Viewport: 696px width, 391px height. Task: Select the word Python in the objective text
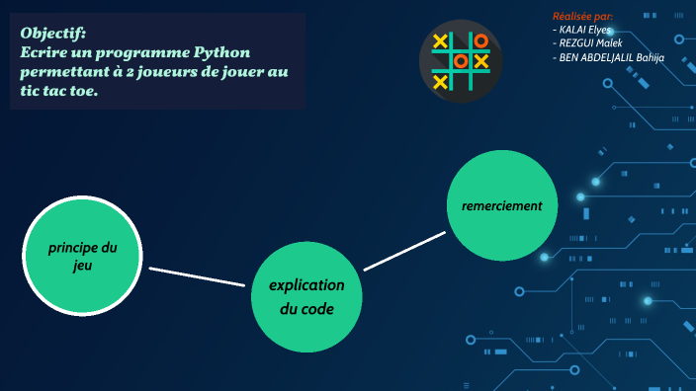(x=222, y=51)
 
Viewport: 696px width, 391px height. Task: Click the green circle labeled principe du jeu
(x=82, y=256)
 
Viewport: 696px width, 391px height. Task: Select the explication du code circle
(x=306, y=296)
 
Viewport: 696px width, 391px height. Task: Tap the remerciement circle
(x=502, y=206)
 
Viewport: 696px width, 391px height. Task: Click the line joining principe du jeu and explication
(x=196, y=276)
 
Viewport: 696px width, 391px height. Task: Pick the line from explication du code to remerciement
(x=404, y=251)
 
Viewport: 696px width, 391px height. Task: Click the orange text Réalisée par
(x=582, y=17)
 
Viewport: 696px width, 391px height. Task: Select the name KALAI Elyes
(x=584, y=30)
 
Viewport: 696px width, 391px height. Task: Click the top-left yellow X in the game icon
(x=441, y=41)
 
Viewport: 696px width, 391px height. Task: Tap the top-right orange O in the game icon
(x=480, y=41)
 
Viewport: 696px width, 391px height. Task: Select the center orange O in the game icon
(x=461, y=61)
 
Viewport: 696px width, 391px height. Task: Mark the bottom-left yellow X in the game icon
(x=441, y=81)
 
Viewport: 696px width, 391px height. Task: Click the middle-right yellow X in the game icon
(x=480, y=61)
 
